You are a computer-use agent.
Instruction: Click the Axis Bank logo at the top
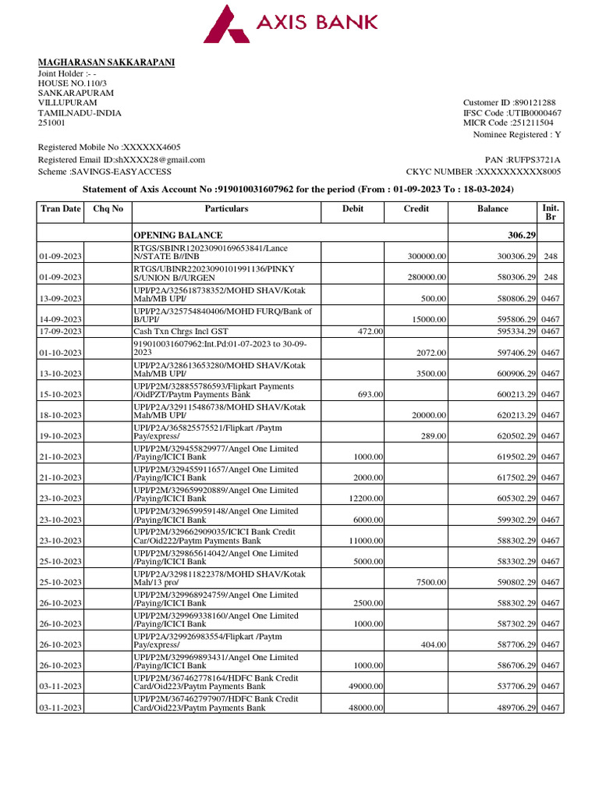(x=290, y=23)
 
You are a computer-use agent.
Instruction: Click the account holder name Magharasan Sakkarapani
(x=107, y=62)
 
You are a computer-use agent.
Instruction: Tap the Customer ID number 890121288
(x=534, y=103)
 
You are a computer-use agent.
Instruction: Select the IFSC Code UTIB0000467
(x=535, y=113)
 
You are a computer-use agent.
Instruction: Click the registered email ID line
(x=122, y=159)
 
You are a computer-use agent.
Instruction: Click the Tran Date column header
(x=60, y=209)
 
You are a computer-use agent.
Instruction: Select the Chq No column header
(x=108, y=209)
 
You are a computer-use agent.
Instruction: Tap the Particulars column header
(x=226, y=209)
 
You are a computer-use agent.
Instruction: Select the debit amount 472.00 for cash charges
(x=370, y=332)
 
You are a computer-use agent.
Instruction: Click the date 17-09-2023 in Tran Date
(x=60, y=332)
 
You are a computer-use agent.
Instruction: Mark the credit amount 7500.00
(x=431, y=582)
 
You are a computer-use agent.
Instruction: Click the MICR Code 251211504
(x=534, y=123)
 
